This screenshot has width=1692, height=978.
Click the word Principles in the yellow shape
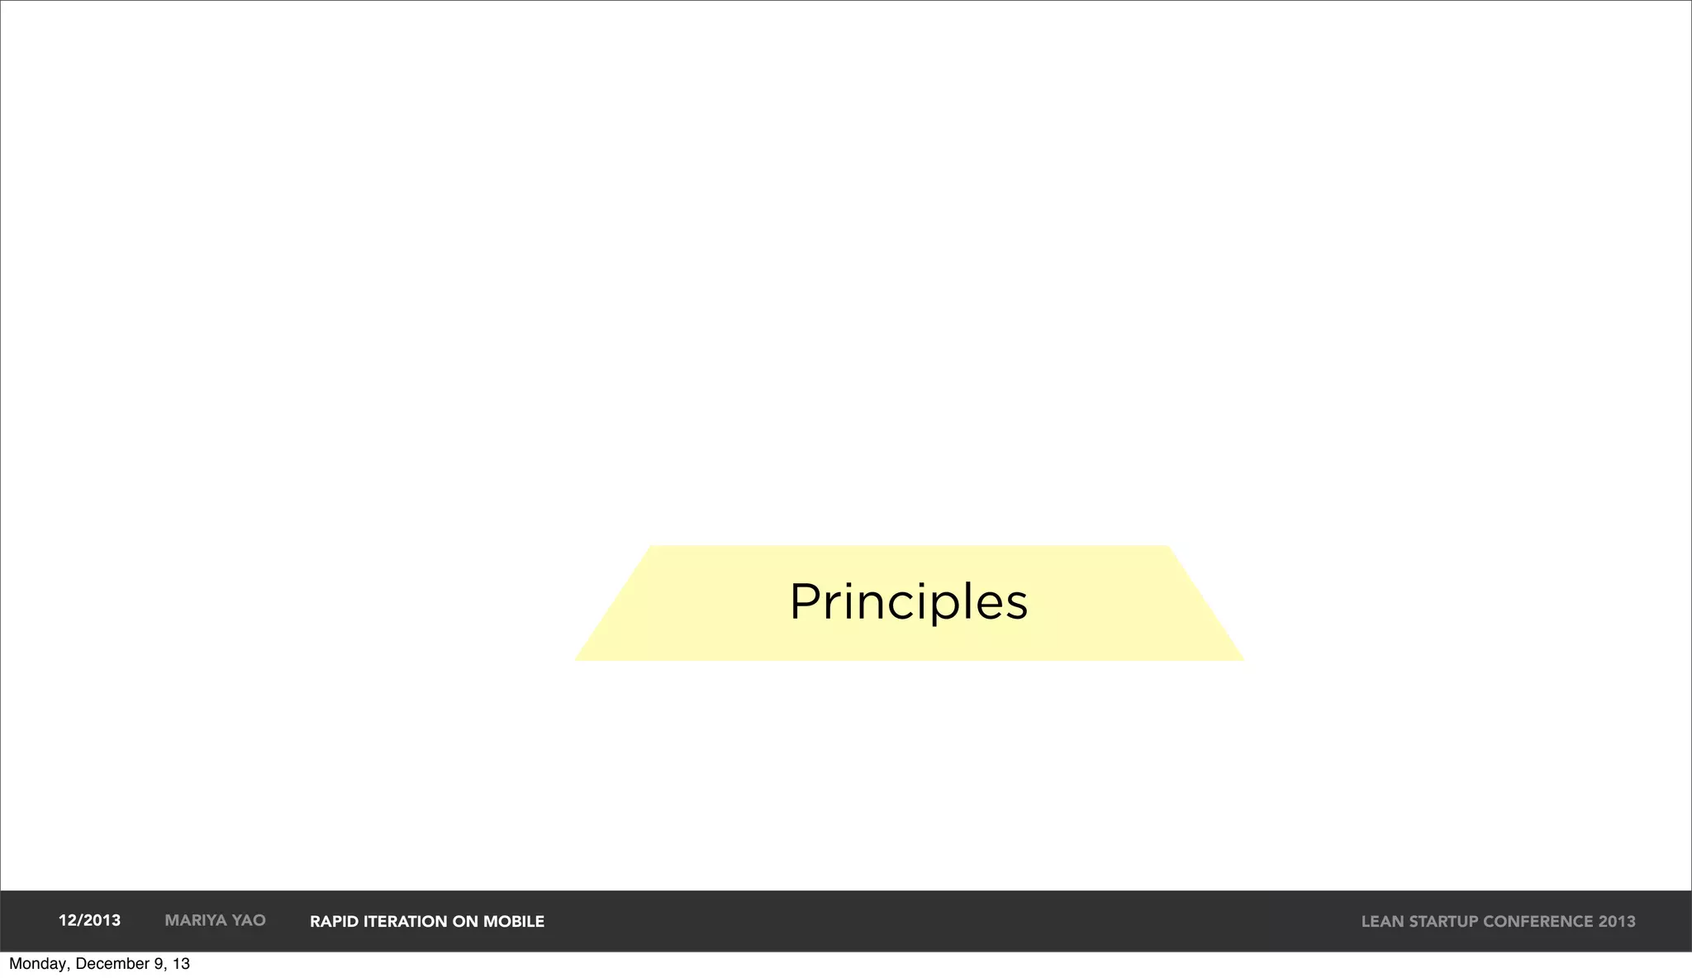(908, 601)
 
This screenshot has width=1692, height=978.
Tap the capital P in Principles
(805, 601)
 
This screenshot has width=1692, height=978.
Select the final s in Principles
(1015, 606)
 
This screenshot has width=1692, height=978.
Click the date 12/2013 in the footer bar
(89, 920)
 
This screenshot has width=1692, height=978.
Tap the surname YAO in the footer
(249, 920)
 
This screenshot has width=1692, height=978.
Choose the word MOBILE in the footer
(514, 921)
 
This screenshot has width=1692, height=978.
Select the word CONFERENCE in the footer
(1538, 921)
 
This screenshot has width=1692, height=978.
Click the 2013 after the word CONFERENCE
(1617, 921)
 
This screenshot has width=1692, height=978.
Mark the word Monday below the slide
(38, 964)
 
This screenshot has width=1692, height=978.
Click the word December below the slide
(112, 964)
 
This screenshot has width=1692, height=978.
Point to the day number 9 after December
(159, 964)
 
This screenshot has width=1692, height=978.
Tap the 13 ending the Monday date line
(181, 964)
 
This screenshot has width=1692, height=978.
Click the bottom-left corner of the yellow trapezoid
(577, 659)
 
